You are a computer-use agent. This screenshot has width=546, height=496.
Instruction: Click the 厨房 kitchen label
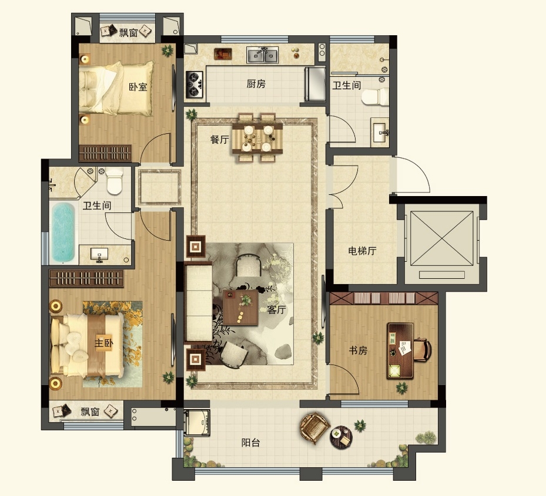(x=256, y=84)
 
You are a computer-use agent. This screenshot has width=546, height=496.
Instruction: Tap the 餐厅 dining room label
(x=220, y=140)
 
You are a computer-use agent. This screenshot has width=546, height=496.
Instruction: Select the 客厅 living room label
(x=276, y=309)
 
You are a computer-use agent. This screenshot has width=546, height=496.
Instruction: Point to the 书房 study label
(x=358, y=350)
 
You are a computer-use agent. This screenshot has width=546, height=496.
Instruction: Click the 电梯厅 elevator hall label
(x=362, y=251)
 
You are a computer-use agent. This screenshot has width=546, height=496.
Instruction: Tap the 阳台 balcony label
(x=251, y=443)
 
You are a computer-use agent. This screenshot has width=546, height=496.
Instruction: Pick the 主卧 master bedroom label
(x=104, y=343)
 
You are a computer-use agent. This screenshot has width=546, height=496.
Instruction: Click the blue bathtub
(x=63, y=232)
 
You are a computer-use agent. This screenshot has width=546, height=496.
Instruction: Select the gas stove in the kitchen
(x=194, y=84)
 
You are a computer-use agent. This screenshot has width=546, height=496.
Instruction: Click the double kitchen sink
(x=263, y=55)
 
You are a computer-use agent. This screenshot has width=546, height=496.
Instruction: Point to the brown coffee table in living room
(x=240, y=308)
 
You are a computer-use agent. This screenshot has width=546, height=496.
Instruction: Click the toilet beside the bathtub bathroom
(x=115, y=181)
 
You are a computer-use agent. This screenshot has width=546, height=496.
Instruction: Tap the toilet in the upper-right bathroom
(x=375, y=96)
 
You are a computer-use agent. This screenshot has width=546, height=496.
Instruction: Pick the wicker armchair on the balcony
(x=315, y=427)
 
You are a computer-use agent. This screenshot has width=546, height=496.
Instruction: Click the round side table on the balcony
(x=341, y=437)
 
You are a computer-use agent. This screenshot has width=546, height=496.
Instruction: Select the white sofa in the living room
(x=199, y=303)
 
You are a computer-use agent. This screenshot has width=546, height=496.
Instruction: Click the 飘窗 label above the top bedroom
(x=129, y=33)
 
